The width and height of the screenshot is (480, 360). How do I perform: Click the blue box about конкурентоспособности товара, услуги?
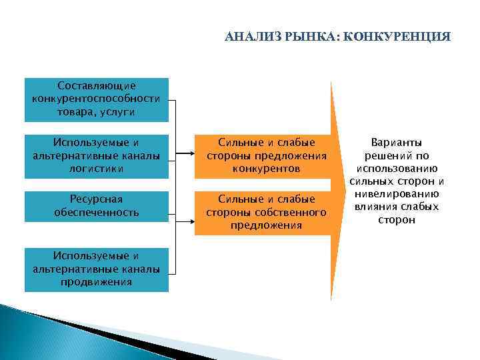(x=97, y=99)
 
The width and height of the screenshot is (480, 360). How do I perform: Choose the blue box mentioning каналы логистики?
(x=97, y=156)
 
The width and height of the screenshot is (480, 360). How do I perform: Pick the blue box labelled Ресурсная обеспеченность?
(x=97, y=206)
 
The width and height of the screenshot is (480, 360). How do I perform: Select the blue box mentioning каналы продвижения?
(x=97, y=269)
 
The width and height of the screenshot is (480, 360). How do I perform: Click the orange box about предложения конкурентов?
(x=267, y=156)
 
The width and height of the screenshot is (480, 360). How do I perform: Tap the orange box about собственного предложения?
(x=267, y=213)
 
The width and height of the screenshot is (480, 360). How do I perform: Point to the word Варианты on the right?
(x=396, y=143)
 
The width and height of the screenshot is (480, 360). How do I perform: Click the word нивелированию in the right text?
(x=396, y=194)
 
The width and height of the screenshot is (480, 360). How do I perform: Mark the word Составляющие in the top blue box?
(x=97, y=86)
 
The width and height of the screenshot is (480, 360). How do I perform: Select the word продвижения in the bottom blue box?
(x=97, y=282)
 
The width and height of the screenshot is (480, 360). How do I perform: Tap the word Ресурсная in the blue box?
(x=97, y=199)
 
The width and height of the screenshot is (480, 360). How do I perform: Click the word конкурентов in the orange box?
(x=267, y=169)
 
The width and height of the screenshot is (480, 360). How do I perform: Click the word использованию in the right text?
(x=396, y=168)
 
